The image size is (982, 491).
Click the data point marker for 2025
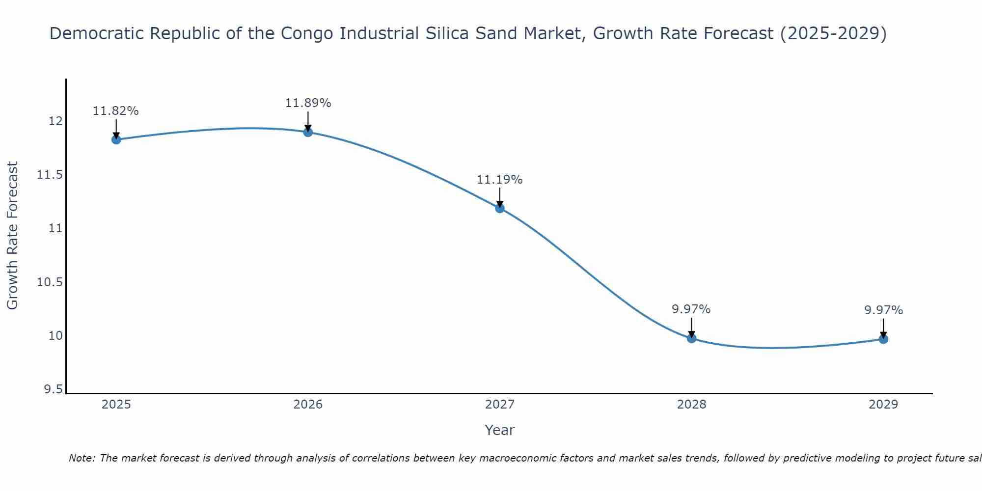pyautogui.click(x=116, y=139)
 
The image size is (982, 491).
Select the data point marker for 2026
pyautogui.click(x=308, y=132)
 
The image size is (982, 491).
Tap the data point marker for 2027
pyautogui.click(x=500, y=208)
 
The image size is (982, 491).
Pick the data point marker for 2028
pyautogui.click(x=691, y=338)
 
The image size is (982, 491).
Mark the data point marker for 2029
pyautogui.click(x=883, y=339)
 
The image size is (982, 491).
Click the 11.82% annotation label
pyautogui.click(x=116, y=111)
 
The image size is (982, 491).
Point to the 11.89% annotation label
pyautogui.click(x=308, y=103)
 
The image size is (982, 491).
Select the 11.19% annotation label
pyautogui.click(x=500, y=180)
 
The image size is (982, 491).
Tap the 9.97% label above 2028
pyautogui.click(x=691, y=309)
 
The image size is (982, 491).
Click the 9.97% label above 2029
pyautogui.click(x=883, y=310)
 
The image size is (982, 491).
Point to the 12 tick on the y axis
pyautogui.click(x=56, y=121)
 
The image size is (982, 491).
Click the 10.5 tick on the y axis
pyautogui.click(x=51, y=282)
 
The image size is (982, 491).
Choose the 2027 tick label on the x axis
pyautogui.click(x=500, y=405)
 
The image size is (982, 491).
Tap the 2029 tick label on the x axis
pyautogui.click(x=883, y=405)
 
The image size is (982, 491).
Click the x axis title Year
pyautogui.click(x=500, y=430)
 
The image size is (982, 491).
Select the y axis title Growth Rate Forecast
pyautogui.click(x=13, y=236)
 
